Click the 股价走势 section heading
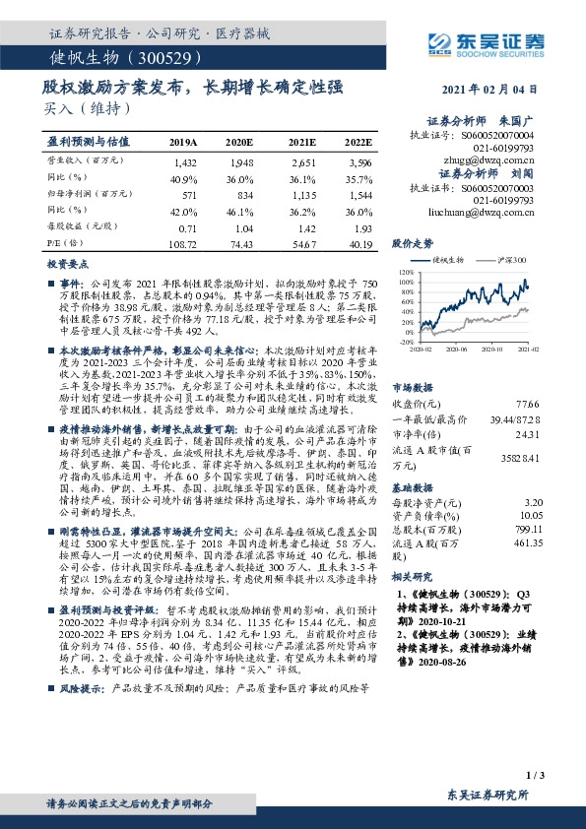(x=412, y=241)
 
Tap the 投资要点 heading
(x=65, y=266)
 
